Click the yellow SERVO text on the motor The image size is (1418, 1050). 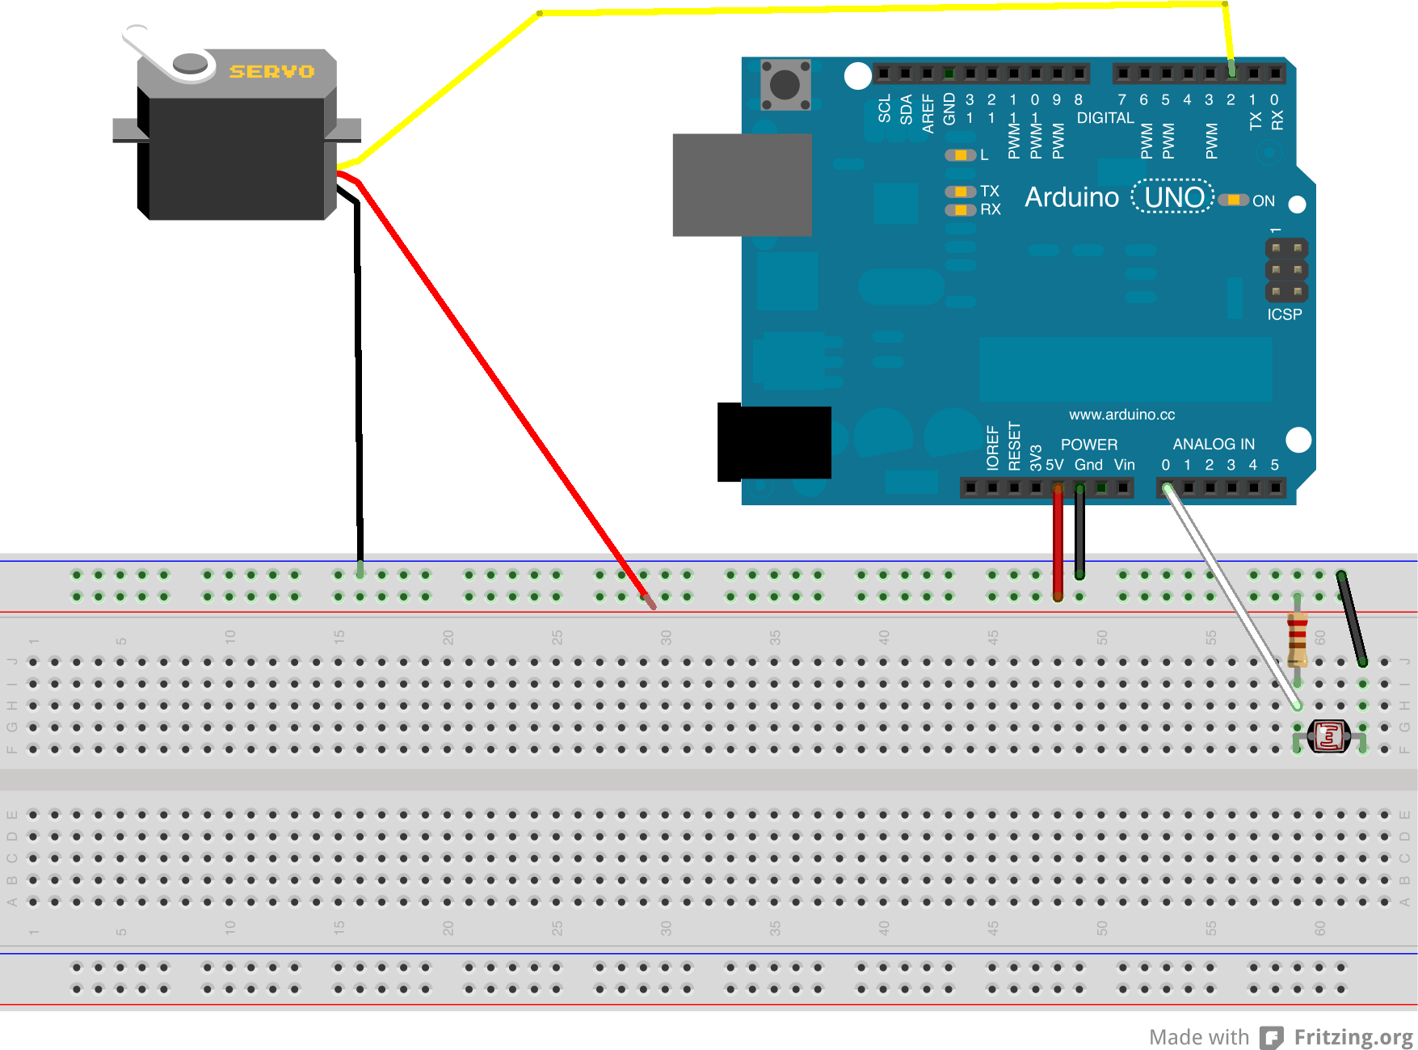(271, 72)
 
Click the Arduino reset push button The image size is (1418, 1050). (785, 84)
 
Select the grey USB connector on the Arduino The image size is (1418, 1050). (742, 185)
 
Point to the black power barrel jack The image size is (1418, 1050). (774, 442)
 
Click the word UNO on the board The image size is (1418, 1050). (1173, 197)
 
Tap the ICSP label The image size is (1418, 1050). (1284, 314)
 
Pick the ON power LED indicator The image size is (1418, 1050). (1234, 200)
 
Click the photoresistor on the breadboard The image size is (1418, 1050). (1329, 736)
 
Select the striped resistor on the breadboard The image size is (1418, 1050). (1297, 638)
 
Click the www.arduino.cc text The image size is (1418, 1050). (1121, 415)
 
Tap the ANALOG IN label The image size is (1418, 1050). (1213, 444)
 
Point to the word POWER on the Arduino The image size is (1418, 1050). (1088, 445)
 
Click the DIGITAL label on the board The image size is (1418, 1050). (1105, 118)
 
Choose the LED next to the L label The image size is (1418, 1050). (960, 155)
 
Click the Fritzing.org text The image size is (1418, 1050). (1353, 1037)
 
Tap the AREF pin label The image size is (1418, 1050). (928, 113)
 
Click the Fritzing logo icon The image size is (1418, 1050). (1272, 1038)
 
